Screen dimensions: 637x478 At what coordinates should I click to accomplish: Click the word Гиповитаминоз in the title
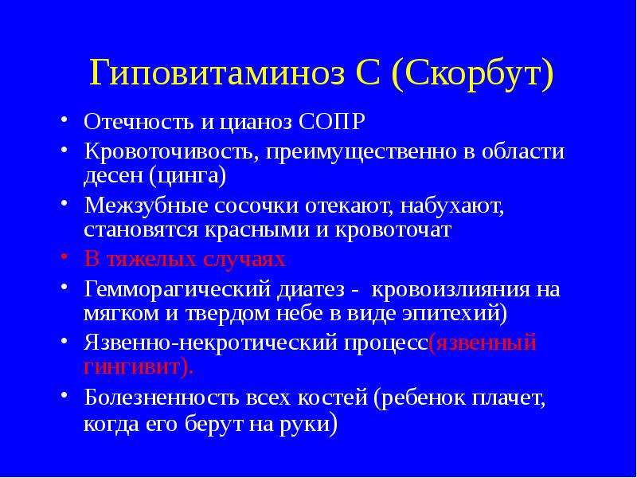pos(217,73)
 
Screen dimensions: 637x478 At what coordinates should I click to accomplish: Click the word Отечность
pos(139,122)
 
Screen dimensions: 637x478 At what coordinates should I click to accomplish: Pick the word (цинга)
pos(188,176)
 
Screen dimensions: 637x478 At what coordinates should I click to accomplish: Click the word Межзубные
pos(147,206)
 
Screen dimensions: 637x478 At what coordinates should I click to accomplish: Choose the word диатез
pos(312,290)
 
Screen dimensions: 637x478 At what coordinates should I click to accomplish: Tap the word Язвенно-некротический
pos(211,343)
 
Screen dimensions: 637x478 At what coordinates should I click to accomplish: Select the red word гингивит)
pos(139,368)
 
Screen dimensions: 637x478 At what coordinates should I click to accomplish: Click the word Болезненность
pos(162,398)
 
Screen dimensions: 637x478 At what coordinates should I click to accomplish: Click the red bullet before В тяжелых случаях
pos(64,258)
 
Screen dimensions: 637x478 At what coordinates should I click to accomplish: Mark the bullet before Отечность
pos(64,120)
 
